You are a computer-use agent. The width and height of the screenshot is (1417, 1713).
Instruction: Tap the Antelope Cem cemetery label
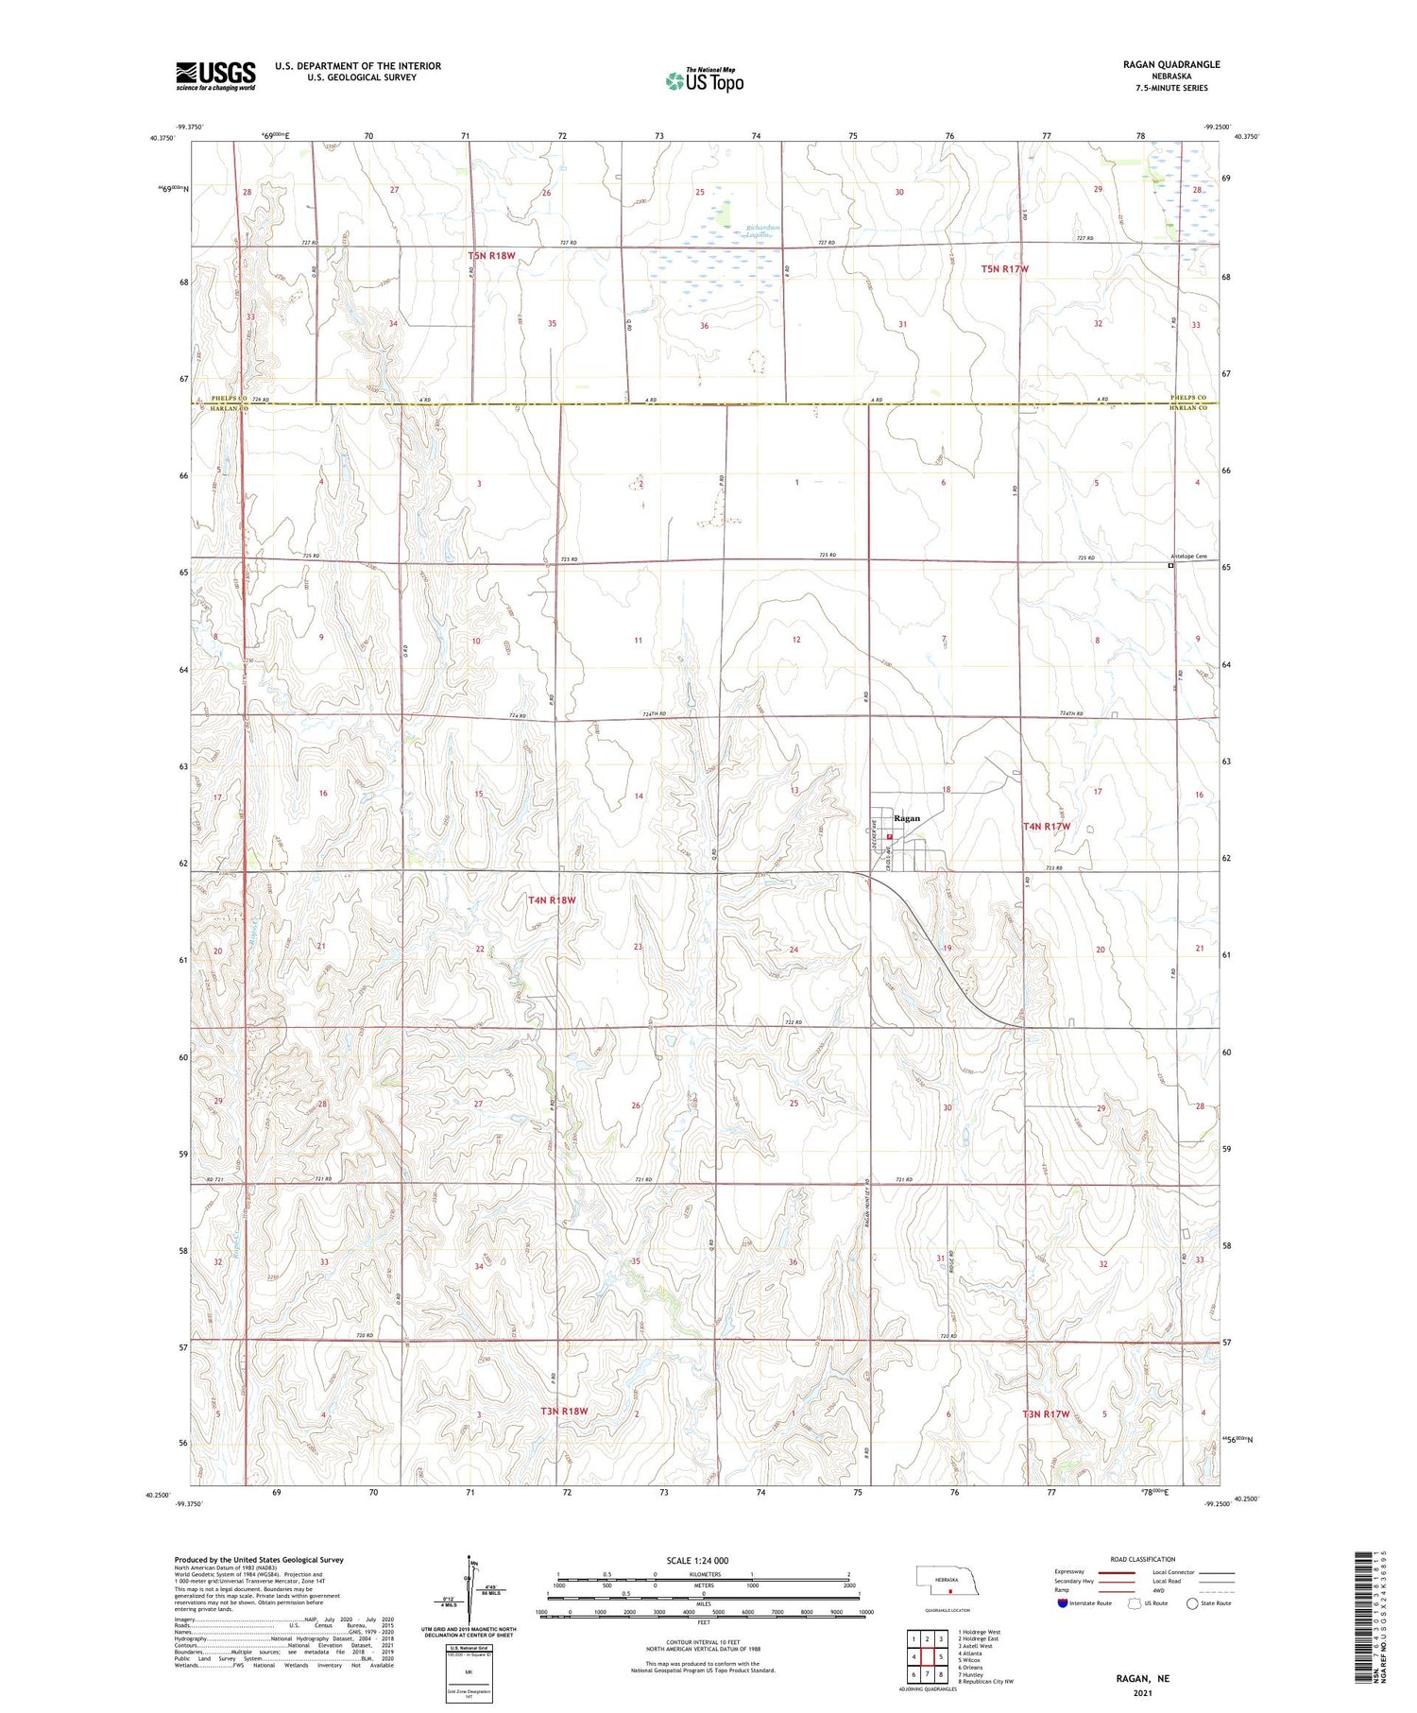[x=1188, y=557]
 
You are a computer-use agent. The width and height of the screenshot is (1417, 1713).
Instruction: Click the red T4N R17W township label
[x=1048, y=826]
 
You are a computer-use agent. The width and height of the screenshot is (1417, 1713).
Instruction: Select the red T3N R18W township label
[x=564, y=1411]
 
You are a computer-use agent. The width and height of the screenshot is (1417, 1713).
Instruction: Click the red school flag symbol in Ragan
[x=889, y=836]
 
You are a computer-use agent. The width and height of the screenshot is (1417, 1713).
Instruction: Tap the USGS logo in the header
[x=215, y=76]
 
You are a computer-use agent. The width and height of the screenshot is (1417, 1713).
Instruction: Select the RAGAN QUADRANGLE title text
[x=1170, y=64]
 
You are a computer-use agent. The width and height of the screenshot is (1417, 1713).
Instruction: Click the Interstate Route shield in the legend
[x=1063, y=1603]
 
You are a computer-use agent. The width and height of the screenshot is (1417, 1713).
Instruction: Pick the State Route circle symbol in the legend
[x=1192, y=1603]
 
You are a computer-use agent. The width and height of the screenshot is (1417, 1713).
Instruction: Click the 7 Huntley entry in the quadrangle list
[x=977, y=1674]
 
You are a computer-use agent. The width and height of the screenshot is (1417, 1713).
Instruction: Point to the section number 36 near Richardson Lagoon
[x=704, y=326]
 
